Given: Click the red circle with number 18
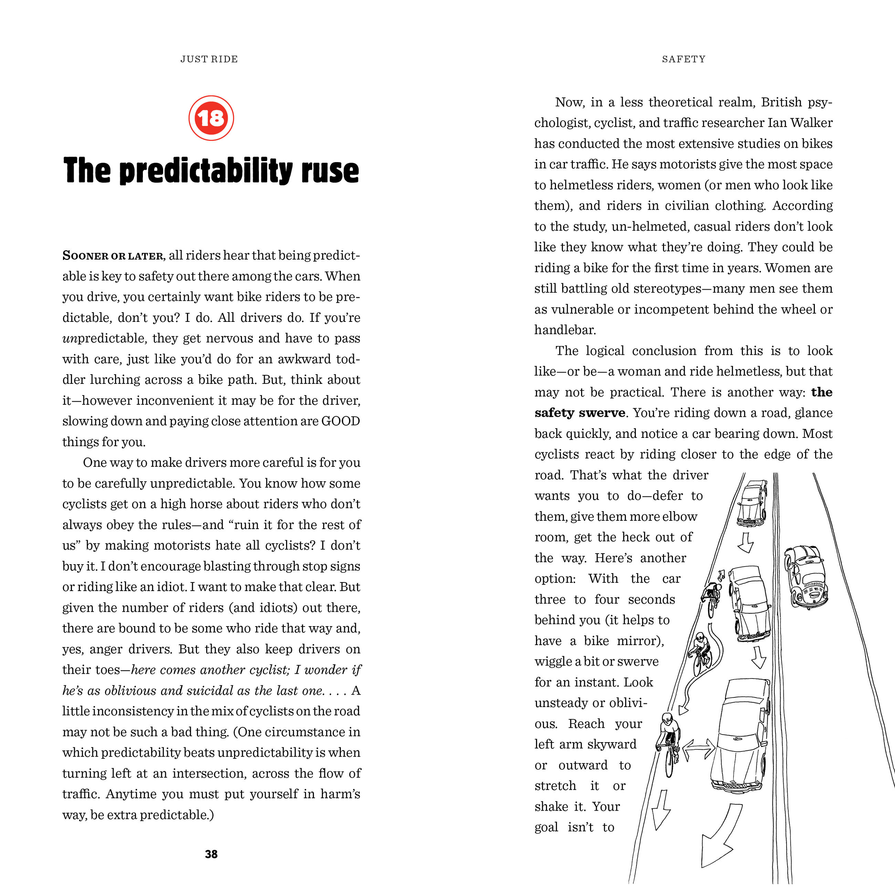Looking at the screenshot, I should pos(211,118).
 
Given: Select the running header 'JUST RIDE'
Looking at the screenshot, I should pos(209,59).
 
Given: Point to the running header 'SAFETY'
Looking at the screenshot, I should pos(683,59).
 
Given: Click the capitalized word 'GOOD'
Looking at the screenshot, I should pos(340,421).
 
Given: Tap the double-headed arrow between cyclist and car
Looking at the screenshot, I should pos(699,749).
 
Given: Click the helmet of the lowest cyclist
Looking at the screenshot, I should pos(667,719).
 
